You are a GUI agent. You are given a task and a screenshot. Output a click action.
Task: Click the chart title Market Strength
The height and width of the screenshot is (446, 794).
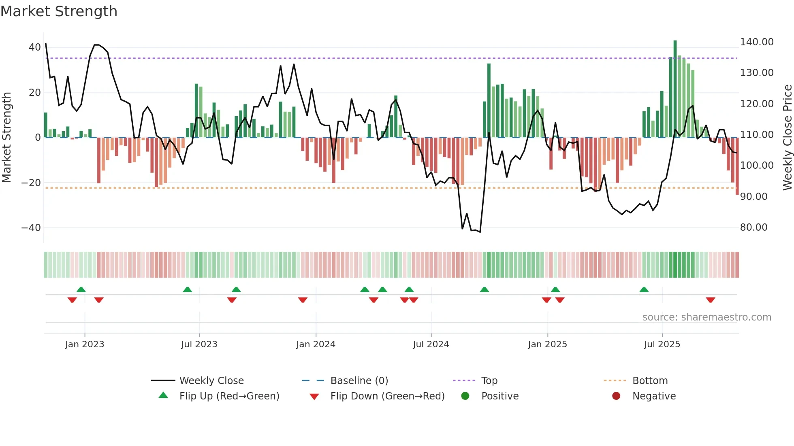tap(59, 11)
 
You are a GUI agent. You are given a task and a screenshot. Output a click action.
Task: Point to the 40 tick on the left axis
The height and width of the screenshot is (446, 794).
tap(35, 47)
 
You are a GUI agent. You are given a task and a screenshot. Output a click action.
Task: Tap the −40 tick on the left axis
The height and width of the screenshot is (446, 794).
tap(31, 228)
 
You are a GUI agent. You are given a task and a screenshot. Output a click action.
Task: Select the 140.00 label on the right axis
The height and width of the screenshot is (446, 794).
tap(756, 42)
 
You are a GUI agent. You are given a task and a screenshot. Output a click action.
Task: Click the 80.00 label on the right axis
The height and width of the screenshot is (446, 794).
tap(753, 227)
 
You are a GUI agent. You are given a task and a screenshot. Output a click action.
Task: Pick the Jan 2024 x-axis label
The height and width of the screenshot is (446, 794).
tap(316, 344)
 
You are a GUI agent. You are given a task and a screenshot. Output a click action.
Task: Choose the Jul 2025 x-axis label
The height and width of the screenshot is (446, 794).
tap(662, 344)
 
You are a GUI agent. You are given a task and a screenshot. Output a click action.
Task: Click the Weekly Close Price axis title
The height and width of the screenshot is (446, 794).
tap(787, 138)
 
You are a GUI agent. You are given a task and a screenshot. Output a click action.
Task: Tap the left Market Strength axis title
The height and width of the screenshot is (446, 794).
tap(7, 138)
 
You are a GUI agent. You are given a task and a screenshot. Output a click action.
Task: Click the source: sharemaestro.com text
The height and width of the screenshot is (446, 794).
tap(706, 317)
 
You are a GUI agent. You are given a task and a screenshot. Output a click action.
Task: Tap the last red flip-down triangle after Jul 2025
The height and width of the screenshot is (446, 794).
tap(710, 300)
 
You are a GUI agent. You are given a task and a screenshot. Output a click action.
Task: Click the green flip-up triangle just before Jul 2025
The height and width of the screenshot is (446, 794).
tap(644, 289)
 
